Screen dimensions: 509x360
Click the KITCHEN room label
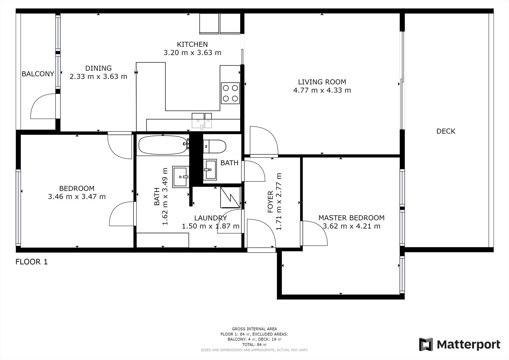(192, 44)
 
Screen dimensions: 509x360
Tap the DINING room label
(98, 68)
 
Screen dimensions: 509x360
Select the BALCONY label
(38, 74)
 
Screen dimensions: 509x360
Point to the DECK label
(446, 131)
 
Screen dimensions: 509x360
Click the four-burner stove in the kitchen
(230, 93)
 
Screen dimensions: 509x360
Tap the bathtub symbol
(163, 145)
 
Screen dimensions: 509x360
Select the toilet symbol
(214, 146)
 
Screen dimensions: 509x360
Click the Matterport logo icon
(426, 344)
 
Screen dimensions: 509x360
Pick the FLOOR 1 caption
(31, 262)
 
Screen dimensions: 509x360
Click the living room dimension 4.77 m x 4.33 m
(322, 90)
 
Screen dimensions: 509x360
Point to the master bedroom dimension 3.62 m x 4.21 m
(352, 226)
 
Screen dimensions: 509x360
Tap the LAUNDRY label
(210, 218)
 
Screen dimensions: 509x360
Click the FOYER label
(270, 202)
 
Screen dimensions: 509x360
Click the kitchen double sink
(202, 121)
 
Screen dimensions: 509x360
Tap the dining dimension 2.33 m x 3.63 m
(98, 76)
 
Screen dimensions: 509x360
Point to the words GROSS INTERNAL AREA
(254, 329)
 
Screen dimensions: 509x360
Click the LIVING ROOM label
(322, 82)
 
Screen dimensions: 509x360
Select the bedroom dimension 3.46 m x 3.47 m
(77, 196)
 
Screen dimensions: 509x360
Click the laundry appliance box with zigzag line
(230, 197)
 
